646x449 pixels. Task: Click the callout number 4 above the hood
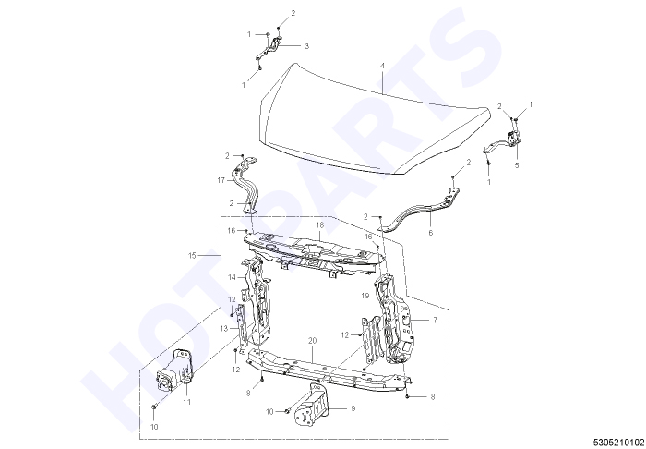pyautogui.click(x=382, y=66)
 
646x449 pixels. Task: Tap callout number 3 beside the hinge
pyautogui.click(x=306, y=46)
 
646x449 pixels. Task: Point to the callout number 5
pyautogui.click(x=517, y=165)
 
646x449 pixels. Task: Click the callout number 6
pyautogui.click(x=431, y=233)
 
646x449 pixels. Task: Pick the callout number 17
pyautogui.click(x=221, y=180)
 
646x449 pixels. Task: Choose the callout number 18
pyautogui.click(x=320, y=225)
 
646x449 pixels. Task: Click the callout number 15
pyautogui.click(x=192, y=256)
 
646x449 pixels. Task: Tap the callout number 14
pyautogui.click(x=232, y=277)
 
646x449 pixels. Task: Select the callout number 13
pyautogui.click(x=223, y=329)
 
